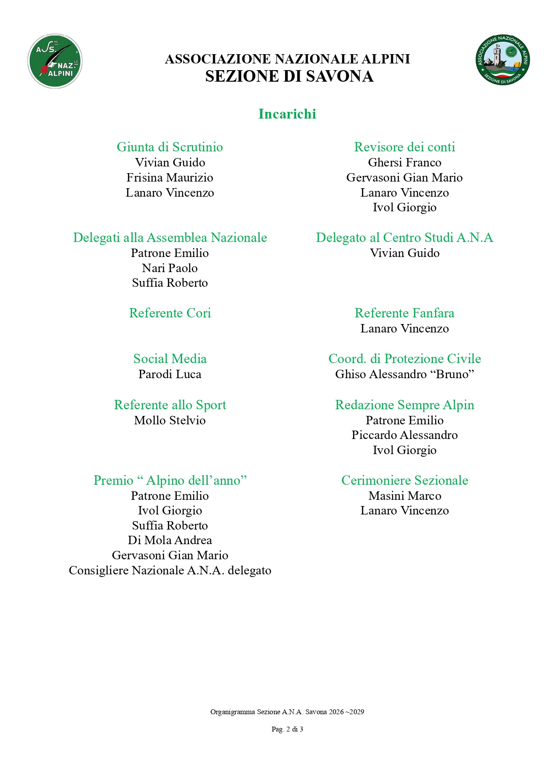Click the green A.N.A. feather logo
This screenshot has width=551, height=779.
coord(55,61)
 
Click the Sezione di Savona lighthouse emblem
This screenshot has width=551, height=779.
coord(503,60)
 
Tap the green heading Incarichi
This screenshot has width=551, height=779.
coord(287,114)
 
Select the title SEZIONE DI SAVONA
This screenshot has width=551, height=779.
coord(289,76)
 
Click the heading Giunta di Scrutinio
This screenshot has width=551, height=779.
coord(170,147)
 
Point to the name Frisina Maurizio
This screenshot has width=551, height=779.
coord(170,178)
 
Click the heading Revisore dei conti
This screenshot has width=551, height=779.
coord(404,147)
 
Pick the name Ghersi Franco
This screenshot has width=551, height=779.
coord(404,162)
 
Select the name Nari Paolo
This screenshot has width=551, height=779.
coord(170,268)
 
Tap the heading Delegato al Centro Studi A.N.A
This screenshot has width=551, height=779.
coord(404,237)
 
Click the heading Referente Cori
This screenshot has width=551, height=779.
coord(170,313)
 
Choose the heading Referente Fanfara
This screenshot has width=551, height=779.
coord(404,313)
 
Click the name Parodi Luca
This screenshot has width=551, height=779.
coord(170,374)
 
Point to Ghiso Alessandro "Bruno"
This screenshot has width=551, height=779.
coord(404,374)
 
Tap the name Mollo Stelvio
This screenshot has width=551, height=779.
coord(170,420)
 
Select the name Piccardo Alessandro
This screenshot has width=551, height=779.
coord(404,435)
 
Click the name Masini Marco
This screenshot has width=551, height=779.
coord(404,496)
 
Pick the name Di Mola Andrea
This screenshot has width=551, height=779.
coord(170,540)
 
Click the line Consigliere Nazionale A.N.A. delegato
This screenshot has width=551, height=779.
coord(170,570)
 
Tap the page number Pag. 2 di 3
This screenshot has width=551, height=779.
coord(287,729)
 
